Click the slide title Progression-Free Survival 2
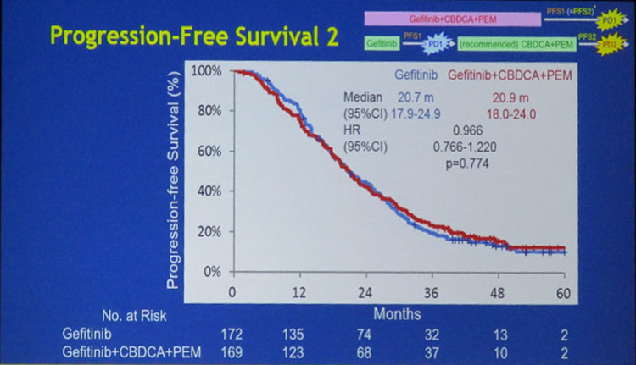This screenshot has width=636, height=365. (x=194, y=37)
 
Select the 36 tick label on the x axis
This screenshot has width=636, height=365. (x=431, y=290)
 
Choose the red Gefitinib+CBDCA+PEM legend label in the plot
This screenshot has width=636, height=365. (x=510, y=76)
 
